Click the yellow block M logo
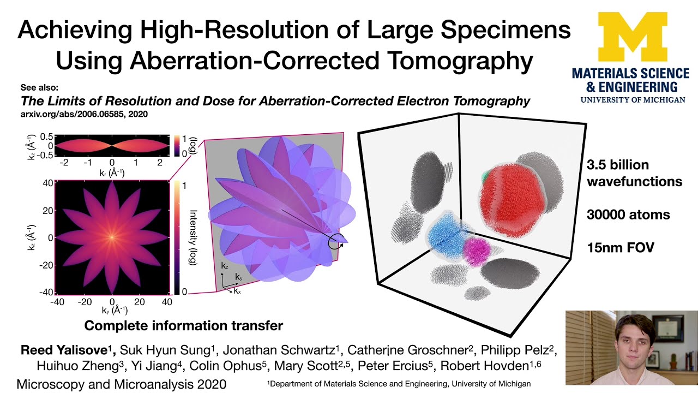coord(632,37)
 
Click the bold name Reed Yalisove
coord(65,350)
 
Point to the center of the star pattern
coord(112,237)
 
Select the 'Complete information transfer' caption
coord(183,326)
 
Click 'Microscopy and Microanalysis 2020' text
coord(121,384)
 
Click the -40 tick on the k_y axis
coord(58,302)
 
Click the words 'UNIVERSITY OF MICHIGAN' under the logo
coord(633,100)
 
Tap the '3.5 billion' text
coord(618,165)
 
